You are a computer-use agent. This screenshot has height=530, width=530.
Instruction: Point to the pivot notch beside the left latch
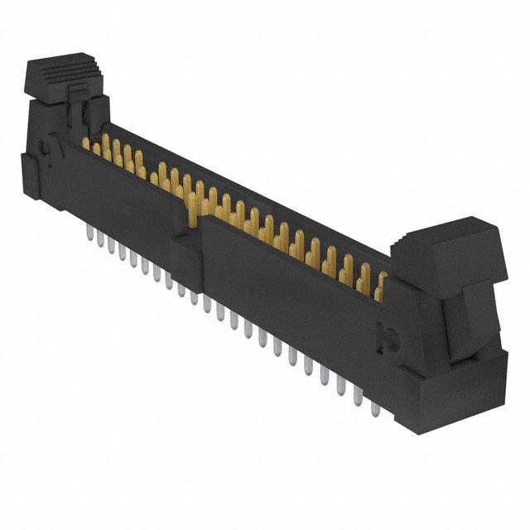(x=48, y=152)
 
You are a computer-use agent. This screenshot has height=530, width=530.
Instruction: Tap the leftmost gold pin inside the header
(x=86, y=142)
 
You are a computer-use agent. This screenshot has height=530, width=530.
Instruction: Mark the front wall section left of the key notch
(x=124, y=199)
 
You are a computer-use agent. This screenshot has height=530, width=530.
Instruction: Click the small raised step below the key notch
(x=184, y=248)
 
